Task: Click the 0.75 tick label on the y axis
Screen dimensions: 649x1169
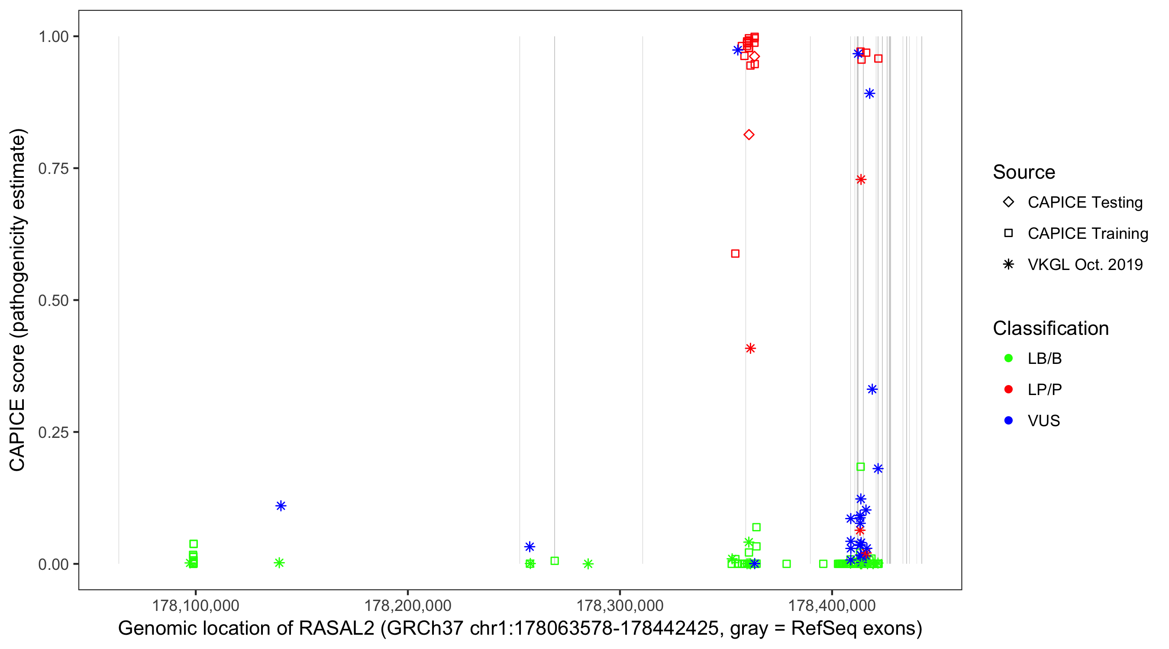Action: pyautogui.click(x=53, y=169)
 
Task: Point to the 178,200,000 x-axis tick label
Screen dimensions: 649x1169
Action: pyautogui.click(x=407, y=605)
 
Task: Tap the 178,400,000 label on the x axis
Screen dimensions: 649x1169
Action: pyautogui.click(x=832, y=605)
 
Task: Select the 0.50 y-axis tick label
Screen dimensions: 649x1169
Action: pyautogui.click(x=53, y=301)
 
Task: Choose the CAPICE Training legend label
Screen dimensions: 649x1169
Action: pyautogui.click(x=1088, y=234)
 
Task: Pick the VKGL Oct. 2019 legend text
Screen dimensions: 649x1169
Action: pyautogui.click(x=1085, y=265)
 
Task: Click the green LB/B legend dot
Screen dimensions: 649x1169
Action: pyautogui.click(x=1008, y=358)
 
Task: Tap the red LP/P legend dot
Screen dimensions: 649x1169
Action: pyautogui.click(x=1008, y=389)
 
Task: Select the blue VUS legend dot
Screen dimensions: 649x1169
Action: pyautogui.click(x=1008, y=421)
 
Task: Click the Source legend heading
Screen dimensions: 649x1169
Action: pyautogui.click(x=1024, y=172)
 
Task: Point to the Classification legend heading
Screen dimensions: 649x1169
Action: pyautogui.click(x=1050, y=328)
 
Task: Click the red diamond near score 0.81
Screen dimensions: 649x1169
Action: pyautogui.click(x=749, y=135)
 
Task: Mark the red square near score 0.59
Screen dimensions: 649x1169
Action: pyautogui.click(x=735, y=254)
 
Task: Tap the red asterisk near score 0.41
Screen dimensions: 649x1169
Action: pyautogui.click(x=750, y=348)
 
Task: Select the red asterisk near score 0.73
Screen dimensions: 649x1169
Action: pyautogui.click(x=860, y=180)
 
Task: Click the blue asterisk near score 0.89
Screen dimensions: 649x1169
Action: pyautogui.click(x=869, y=93)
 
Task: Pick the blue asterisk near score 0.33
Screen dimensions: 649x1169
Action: pyautogui.click(x=872, y=389)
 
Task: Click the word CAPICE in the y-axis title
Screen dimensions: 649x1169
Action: pyautogui.click(x=17, y=435)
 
